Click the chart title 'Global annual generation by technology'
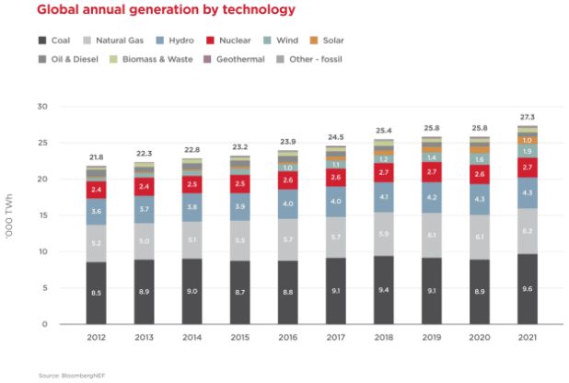pos(154,10)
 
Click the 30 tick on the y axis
pos(41,107)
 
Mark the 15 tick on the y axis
pos(41,215)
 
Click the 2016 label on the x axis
pos(287,338)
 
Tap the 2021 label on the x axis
pos(527,338)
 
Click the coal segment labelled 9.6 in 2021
pos(527,289)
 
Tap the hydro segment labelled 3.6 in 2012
pos(96,212)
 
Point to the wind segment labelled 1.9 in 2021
pos(527,150)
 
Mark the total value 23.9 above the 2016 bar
pos(287,142)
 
